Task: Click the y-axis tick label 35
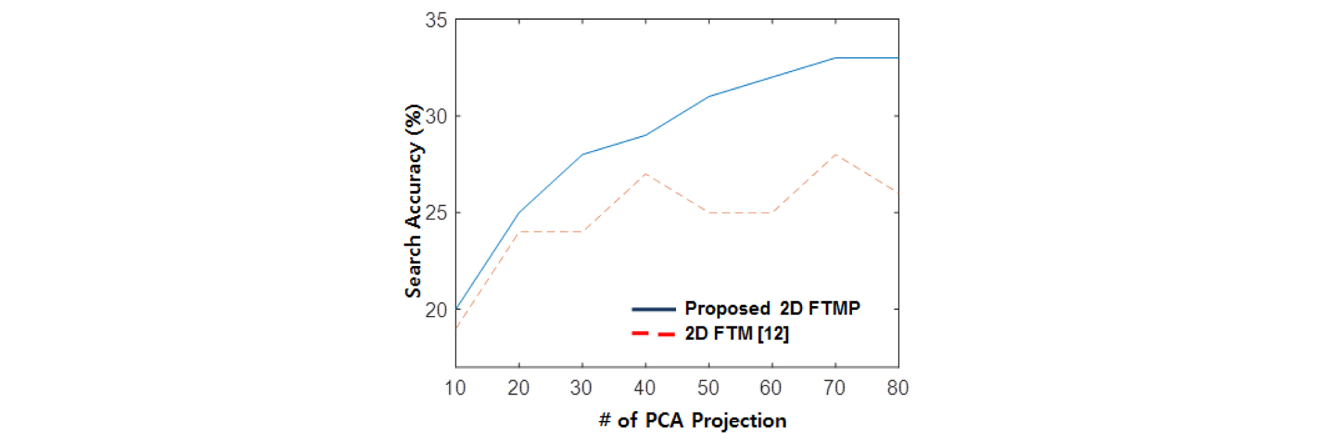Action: pos(436,20)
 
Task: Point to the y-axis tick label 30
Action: pos(436,117)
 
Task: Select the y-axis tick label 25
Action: pos(436,213)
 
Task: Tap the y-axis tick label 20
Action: pos(436,310)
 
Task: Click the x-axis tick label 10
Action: pos(456,388)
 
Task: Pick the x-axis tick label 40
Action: pos(645,388)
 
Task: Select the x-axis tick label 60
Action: pos(771,388)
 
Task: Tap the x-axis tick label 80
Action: pos(898,388)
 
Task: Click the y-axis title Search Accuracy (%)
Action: pos(414,201)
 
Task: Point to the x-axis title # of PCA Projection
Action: pos(692,421)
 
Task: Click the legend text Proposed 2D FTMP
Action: pos(773,309)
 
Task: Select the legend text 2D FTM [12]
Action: pos(736,334)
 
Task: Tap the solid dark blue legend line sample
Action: pos(654,309)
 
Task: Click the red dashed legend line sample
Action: pos(654,334)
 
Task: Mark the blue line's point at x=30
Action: pos(582,154)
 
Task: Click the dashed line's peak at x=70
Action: pos(835,154)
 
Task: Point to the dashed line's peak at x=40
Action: pos(645,174)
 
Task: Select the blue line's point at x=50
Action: pos(709,97)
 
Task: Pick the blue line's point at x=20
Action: pos(519,213)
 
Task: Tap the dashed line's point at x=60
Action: pos(772,213)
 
